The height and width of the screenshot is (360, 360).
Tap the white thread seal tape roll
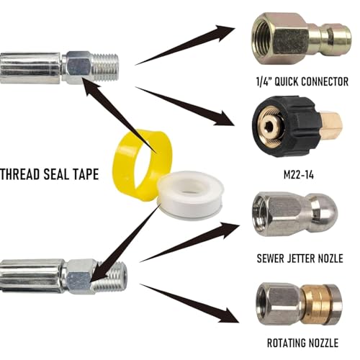tap(191, 196)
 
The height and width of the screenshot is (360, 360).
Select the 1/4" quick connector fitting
tap(301, 38)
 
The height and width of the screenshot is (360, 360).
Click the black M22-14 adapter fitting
tap(295, 126)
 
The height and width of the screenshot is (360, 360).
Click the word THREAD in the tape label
tap(20, 174)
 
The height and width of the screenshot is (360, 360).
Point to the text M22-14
tap(299, 175)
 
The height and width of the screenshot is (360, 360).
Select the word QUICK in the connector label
tap(287, 82)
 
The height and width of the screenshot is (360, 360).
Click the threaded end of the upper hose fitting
tap(106, 67)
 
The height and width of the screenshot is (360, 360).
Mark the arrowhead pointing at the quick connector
tap(225, 32)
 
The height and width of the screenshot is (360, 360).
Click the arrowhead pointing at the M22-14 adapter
tap(225, 119)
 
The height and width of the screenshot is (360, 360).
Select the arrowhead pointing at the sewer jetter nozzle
tap(229, 229)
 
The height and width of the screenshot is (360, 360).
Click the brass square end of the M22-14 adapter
tap(330, 125)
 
